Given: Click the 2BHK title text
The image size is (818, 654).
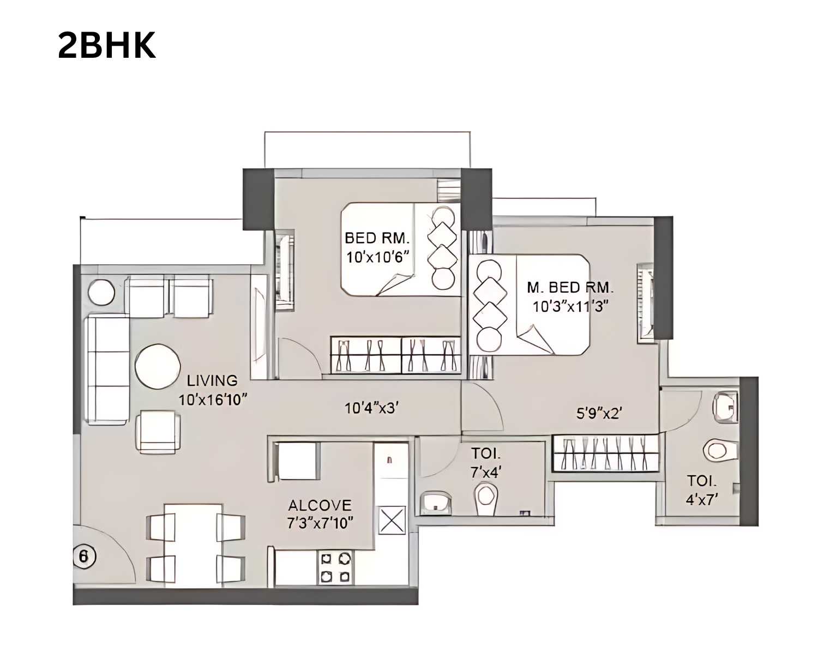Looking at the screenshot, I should click(107, 46).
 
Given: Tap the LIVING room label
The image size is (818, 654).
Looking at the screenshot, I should click(212, 380).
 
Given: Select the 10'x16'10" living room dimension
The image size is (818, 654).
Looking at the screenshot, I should click(213, 399).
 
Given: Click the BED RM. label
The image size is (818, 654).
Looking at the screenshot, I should click(377, 238).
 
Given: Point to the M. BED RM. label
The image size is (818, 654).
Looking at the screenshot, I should click(570, 287).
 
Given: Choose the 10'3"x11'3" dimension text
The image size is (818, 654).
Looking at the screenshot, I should click(570, 306).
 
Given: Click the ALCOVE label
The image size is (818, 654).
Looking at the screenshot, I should click(320, 505).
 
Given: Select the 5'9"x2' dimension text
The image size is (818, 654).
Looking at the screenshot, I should click(599, 414).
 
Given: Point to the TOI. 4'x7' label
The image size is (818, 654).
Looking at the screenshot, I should click(702, 489).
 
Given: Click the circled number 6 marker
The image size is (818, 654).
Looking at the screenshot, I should click(83, 557).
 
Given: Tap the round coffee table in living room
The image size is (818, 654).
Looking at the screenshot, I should click(157, 366).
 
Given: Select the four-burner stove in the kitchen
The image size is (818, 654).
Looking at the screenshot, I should click(335, 567).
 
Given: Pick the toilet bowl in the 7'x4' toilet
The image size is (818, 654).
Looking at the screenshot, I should click(486, 497).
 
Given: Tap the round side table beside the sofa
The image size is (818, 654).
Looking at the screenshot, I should click(101, 292).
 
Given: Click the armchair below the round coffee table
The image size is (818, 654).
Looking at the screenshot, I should click(158, 432).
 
